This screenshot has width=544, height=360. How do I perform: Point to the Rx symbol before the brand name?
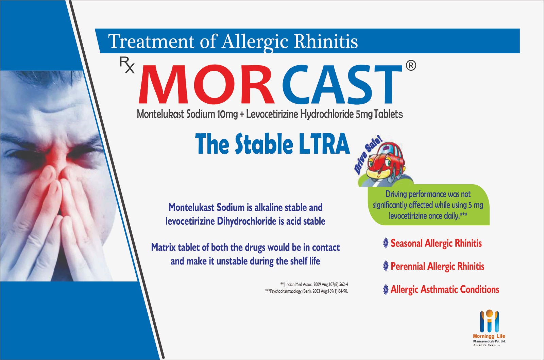click(x=127, y=65)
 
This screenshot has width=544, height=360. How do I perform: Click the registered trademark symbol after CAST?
click(x=411, y=65)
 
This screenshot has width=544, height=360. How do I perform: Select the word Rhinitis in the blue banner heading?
click(x=326, y=41)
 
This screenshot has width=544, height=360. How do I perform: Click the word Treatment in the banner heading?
click(x=151, y=41)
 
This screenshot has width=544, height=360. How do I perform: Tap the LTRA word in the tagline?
click(x=324, y=144)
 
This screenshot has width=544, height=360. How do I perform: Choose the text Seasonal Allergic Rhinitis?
click(x=436, y=243)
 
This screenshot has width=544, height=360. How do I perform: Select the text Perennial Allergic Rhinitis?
click(x=437, y=266)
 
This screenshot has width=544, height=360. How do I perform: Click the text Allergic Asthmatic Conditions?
click(x=445, y=289)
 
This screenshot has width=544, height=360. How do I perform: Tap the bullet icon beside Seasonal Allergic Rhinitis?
click(x=386, y=243)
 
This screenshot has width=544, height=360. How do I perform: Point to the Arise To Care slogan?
click(x=487, y=345)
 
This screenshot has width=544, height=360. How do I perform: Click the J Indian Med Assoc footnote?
click(x=314, y=284)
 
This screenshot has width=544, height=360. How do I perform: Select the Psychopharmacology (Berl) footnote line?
click(x=306, y=291)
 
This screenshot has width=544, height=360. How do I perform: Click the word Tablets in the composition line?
click(x=388, y=114)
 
